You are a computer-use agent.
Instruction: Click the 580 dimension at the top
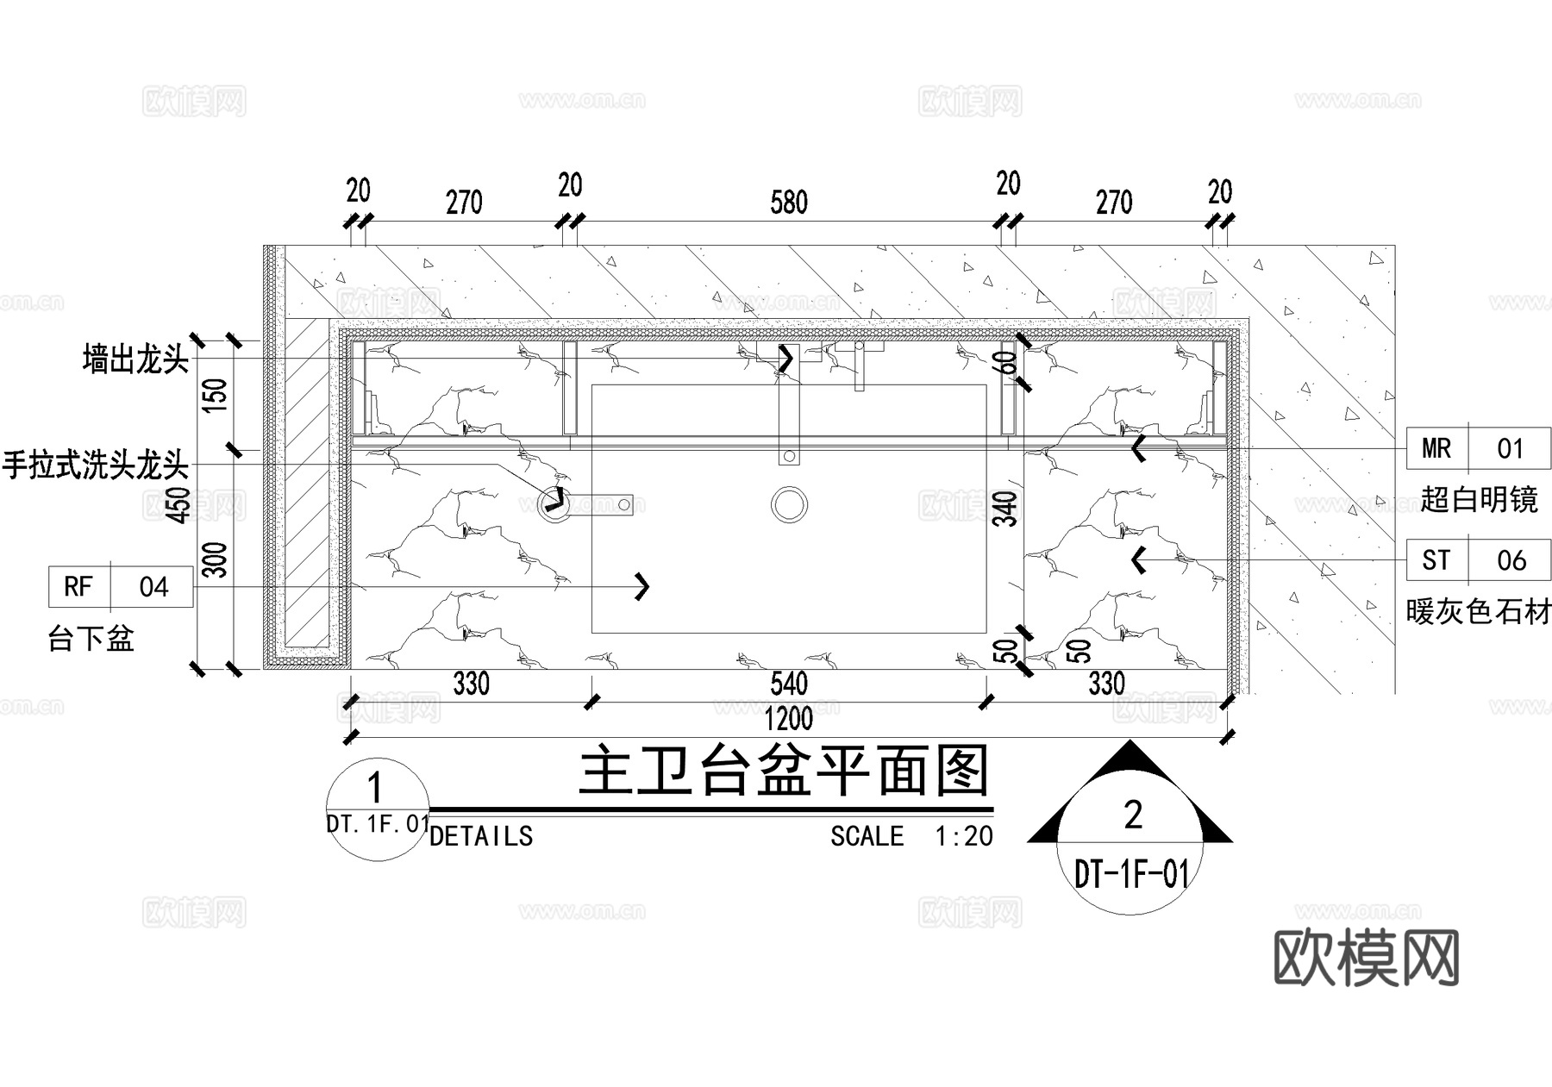tap(789, 203)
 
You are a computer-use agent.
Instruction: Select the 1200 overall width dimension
tap(788, 719)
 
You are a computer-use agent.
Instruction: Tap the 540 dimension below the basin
tap(788, 684)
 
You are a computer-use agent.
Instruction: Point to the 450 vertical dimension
tap(179, 504)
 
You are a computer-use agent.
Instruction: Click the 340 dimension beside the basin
tap(1005, 509)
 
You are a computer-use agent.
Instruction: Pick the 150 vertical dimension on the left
tap(217, 394)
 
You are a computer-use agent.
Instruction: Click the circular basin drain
tap(788, 505)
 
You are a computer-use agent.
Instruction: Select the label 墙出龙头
tap(135, 359)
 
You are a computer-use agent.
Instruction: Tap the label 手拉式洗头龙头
tap(95, 465)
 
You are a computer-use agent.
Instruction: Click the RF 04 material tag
tap(121, 587)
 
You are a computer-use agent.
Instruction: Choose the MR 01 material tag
tap(1478, 448)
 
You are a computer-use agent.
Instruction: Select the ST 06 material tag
tap(1478, 560)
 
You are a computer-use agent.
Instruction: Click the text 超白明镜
tap(1479, 499)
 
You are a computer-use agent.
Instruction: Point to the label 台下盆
tap(91, 639)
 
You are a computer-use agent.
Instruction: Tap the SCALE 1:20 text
tap(911, 836)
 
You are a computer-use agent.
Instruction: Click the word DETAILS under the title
tap(480, 836)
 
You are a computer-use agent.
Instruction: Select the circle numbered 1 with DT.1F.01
tap(378, 809)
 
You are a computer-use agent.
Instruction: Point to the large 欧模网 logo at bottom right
tap(1366, 957)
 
